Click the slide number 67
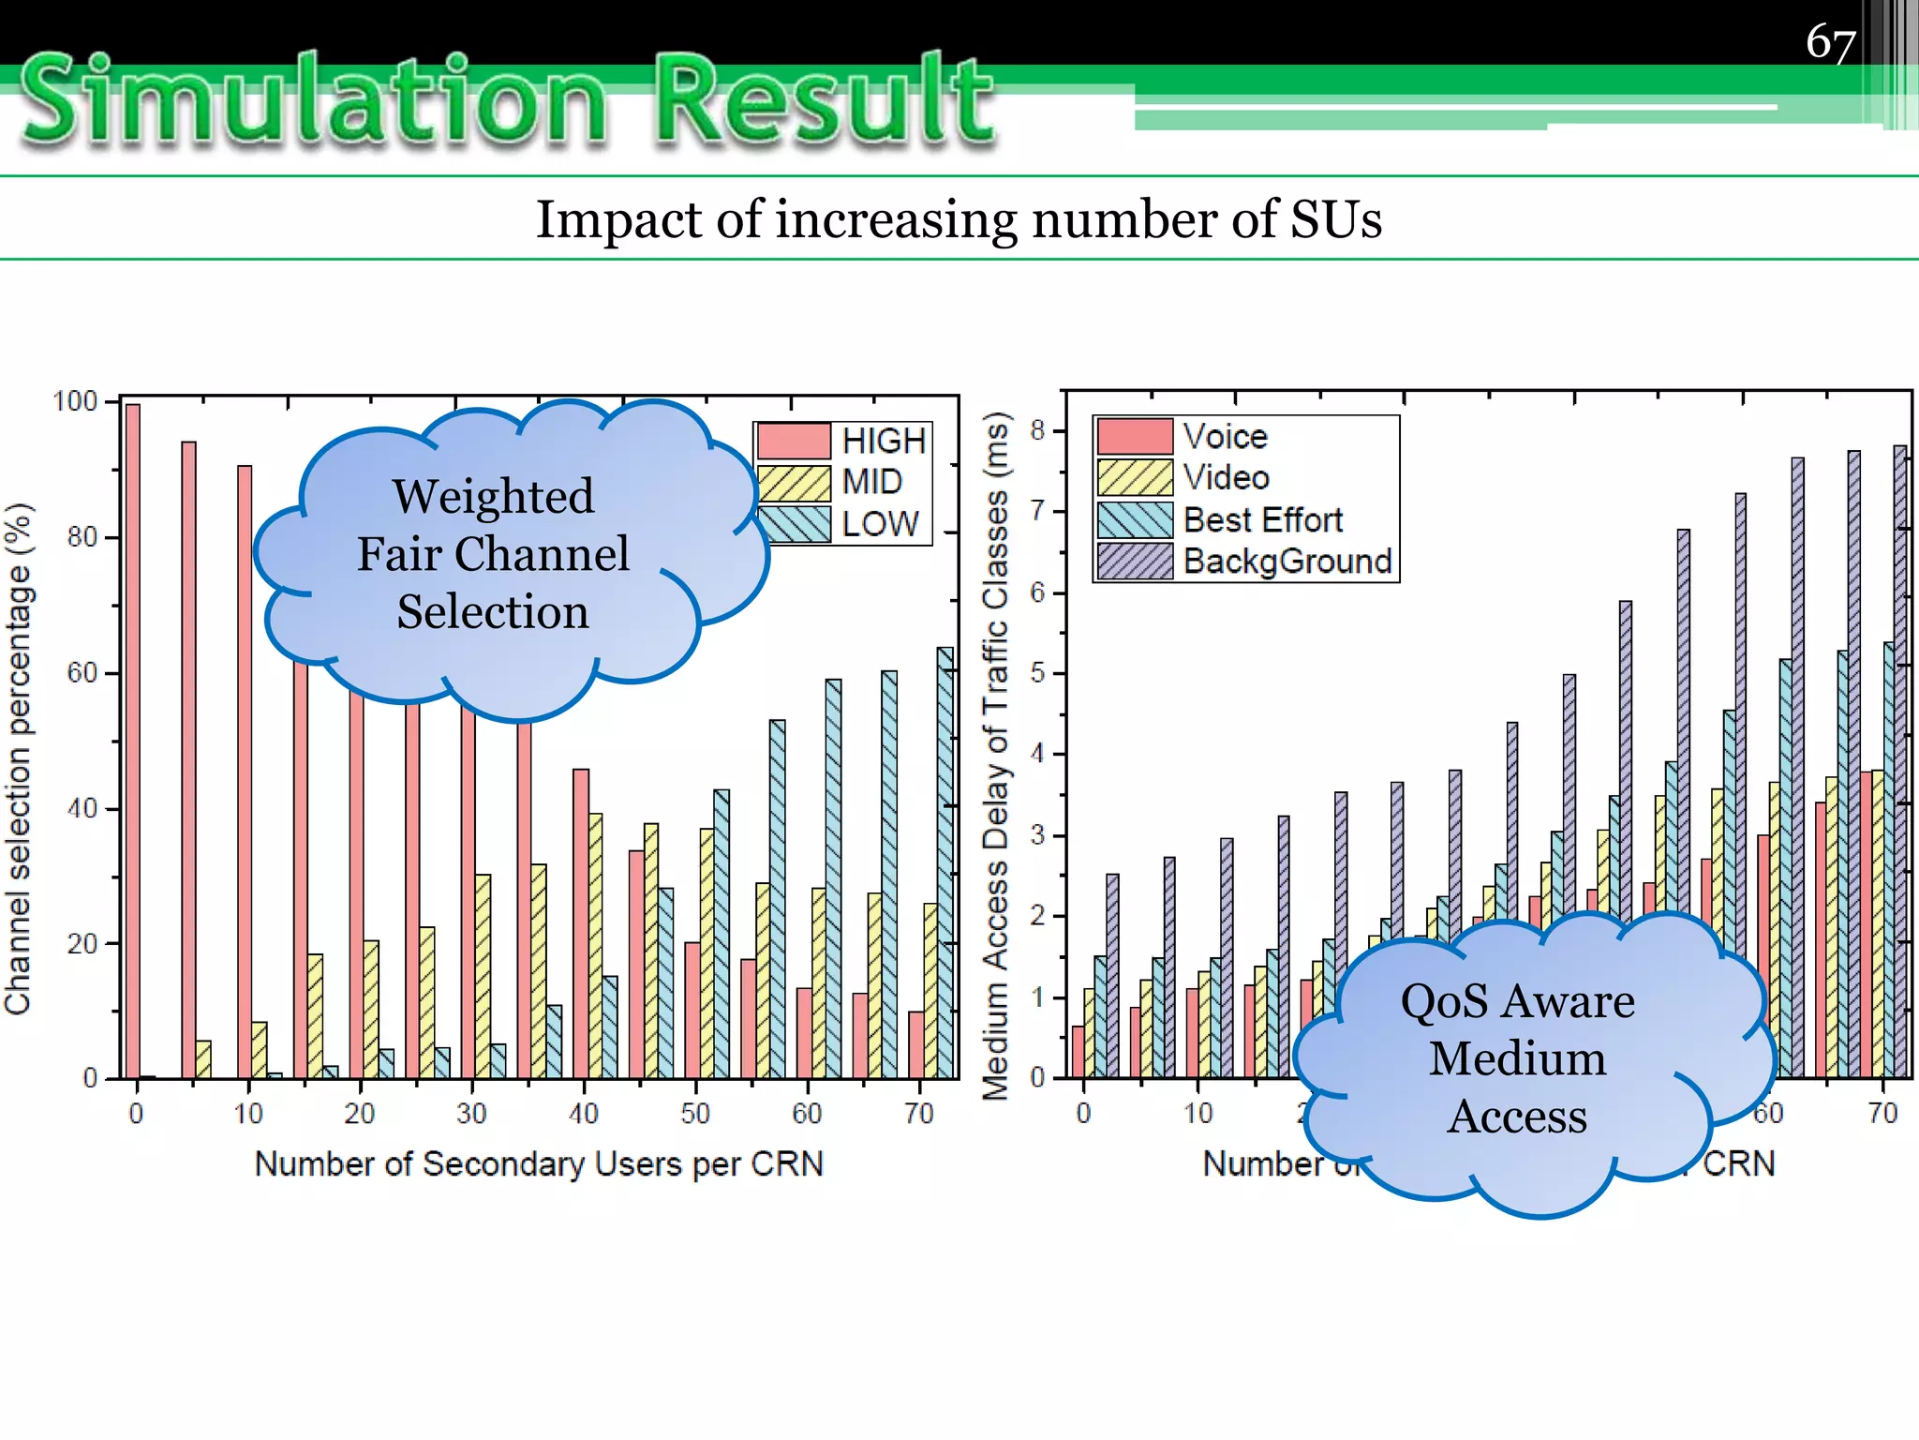(1830, 43)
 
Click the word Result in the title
(825, 101)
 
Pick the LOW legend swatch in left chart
(794, 524)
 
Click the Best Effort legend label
(1262, 519)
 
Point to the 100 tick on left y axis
(75, 402)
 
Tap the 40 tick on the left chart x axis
(583, 1114)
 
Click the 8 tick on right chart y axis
(1037, 430)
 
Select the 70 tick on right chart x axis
(1882, 1114)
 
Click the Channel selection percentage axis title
(19, 759)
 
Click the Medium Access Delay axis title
(995, 755)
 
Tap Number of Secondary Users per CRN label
(539, 1164)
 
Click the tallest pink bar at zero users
(133, 741)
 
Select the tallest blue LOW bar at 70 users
(945, 862)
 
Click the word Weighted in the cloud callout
(493, 496)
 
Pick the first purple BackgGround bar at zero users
(1112, 975)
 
